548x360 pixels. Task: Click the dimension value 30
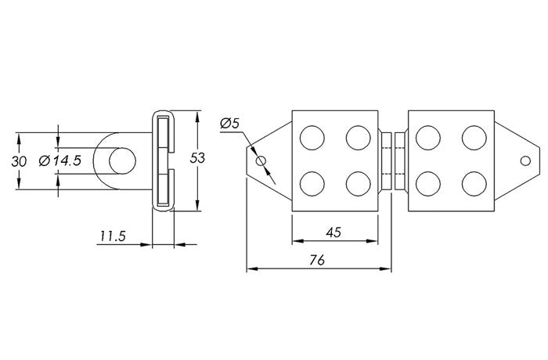20,161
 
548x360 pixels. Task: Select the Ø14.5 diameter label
59,161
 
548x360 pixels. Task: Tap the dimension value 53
197,158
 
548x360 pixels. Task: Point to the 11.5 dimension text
114,235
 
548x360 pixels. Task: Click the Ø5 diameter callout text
230,123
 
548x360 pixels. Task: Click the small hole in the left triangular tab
261,161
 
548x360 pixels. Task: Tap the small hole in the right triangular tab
526,161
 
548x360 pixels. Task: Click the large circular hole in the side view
121,161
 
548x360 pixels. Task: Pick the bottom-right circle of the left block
359,183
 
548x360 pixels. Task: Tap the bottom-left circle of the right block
427,183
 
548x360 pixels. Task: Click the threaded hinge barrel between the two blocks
392,160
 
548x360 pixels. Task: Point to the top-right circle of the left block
359,138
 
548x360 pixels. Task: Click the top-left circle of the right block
427,138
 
